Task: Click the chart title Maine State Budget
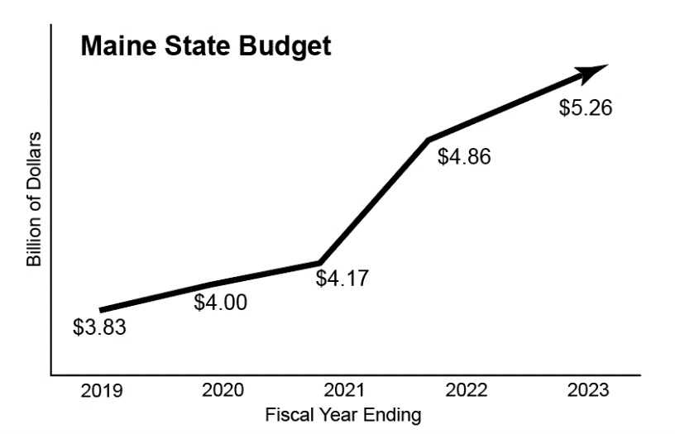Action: click(205, 46)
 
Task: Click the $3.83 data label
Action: click(99, 327)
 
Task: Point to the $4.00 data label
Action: click(220, 303)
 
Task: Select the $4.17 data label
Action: click(342, 278)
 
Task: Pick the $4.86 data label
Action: click(464, 156)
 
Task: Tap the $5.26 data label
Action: click(586, 108)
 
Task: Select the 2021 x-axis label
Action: click(343, 391)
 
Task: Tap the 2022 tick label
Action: click(465, 391)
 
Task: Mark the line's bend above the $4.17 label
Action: click(319, 262)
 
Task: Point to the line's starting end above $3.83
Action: click(101, 310)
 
